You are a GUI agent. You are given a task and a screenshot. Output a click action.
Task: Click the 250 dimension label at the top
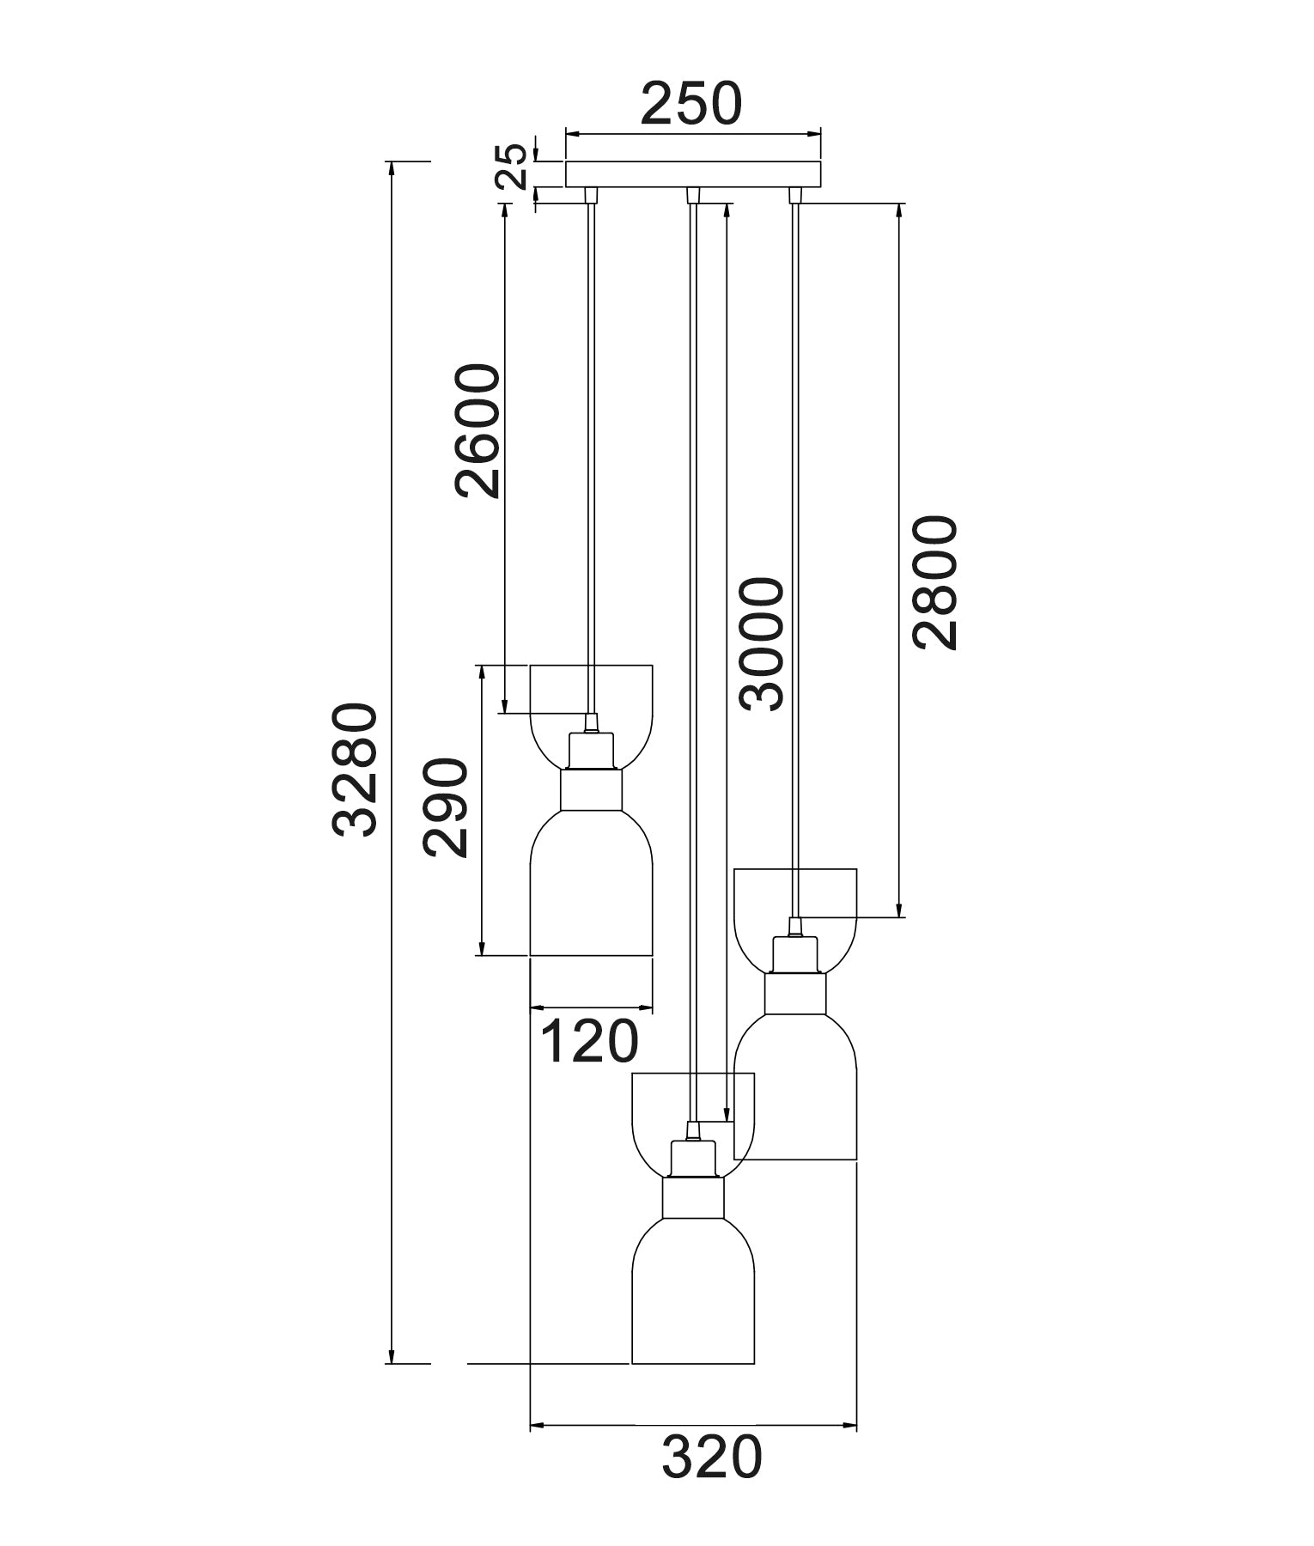690,104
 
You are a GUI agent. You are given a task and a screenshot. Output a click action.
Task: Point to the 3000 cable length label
762,643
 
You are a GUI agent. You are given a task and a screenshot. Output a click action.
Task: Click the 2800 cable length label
934,583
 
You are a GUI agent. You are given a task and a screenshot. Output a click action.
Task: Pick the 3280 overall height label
355,770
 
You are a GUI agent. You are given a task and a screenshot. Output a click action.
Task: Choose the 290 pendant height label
446,807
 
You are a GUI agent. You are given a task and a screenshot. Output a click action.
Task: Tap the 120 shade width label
589,1041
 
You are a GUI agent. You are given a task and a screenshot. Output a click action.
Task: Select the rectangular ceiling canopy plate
693,173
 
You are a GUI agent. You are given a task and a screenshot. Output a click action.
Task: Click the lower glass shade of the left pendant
591,893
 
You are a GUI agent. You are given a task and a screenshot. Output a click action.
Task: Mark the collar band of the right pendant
796,993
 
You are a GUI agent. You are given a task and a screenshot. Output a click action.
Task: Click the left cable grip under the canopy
590,195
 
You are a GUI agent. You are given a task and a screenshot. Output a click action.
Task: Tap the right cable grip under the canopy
795,195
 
